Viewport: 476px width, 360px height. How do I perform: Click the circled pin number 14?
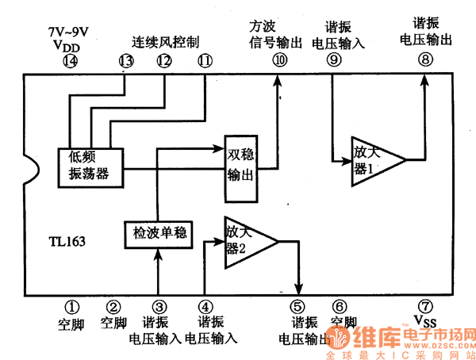click(x=71, y=61)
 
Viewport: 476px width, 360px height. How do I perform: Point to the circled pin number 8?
click(x=426, y=59)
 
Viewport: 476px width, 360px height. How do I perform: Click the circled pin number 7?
click(x=426, y=306)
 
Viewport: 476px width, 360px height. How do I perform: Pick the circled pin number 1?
click(x=71, y=306)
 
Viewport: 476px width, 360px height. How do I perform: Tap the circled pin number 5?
click(x=297, y=306)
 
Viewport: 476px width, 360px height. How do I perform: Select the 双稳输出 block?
click(x=241, y=164)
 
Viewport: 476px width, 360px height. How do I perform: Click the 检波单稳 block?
click(x=159, y=233)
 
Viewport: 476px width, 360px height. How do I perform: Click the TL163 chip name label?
click(x=67, y=239)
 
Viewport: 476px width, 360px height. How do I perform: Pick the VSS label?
click(x=426, y=321)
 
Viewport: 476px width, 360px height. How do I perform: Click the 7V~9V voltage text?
click(x=67, y=33)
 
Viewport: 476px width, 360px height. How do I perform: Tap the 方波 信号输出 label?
click(x=275, y=35)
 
